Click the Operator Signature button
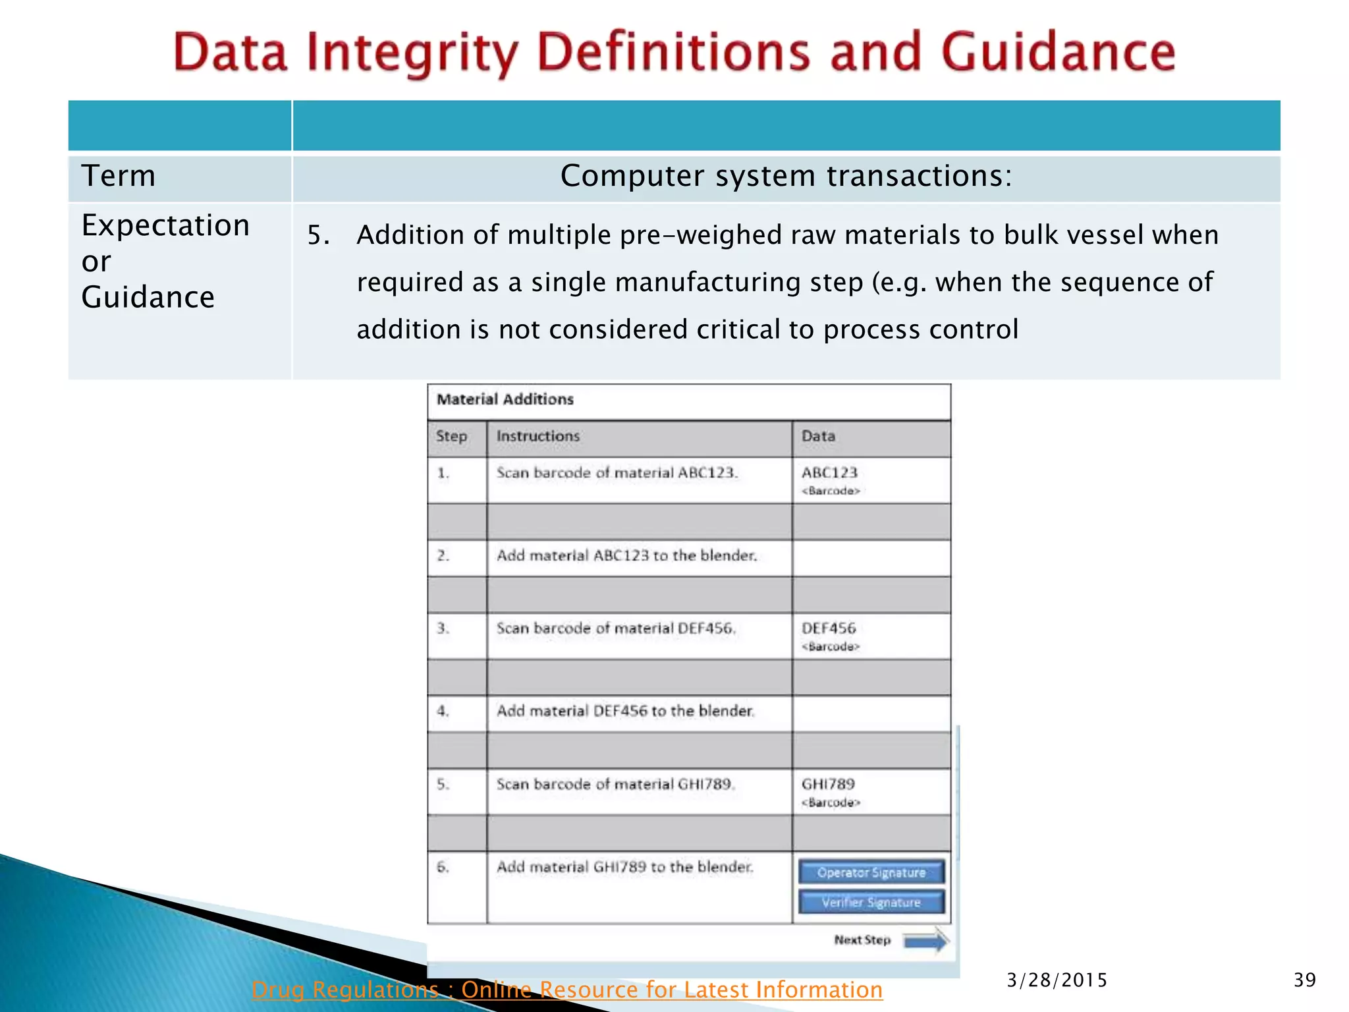point(871,872)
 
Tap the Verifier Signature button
point(871,902)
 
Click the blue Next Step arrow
point(925,941)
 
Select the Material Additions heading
point(505,399)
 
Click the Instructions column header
point(537,436)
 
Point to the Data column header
point(818,436)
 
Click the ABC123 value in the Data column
point(829,472)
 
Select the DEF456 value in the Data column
point(829,629)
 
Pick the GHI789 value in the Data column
point(828,784)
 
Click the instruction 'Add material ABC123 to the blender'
point(626,555)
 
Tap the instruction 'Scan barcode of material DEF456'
point(615,629)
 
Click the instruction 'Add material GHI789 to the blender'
point(624,867)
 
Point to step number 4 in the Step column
point(443,711)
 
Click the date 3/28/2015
point(1057,980)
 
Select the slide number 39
point(1304,980)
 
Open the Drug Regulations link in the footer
point(566,990)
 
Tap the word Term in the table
point(119,176)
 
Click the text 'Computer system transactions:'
point(786,176)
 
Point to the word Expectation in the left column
point(165,225)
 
